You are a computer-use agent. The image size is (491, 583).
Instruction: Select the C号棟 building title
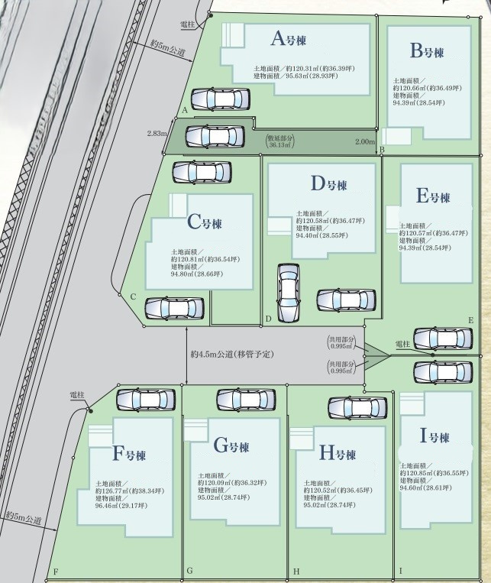click(x=205, y=223)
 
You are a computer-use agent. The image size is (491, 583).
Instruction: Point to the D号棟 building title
click(x=329, y=184)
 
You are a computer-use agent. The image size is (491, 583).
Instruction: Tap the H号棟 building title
click(x=337, y=454)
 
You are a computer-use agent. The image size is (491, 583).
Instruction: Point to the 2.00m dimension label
click(x=365, y=141)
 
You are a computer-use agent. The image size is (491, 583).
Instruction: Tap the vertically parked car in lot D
click(x=288, y=293)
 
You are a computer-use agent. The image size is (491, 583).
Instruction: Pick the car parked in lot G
click(x=246, y=399)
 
